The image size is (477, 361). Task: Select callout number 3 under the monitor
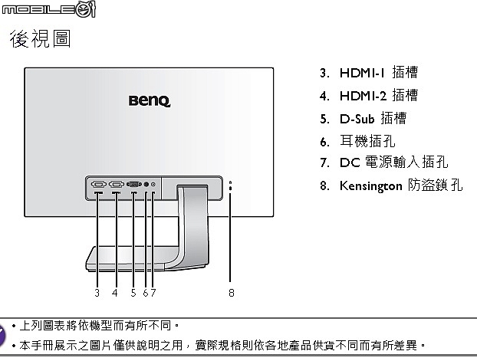97,292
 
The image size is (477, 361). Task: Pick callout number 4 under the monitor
115,292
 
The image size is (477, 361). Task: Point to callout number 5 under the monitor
133,292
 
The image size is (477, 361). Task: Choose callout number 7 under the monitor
153,292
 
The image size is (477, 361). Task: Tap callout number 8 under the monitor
231,292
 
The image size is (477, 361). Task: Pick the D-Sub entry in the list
364,119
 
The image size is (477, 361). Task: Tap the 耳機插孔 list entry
359,141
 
